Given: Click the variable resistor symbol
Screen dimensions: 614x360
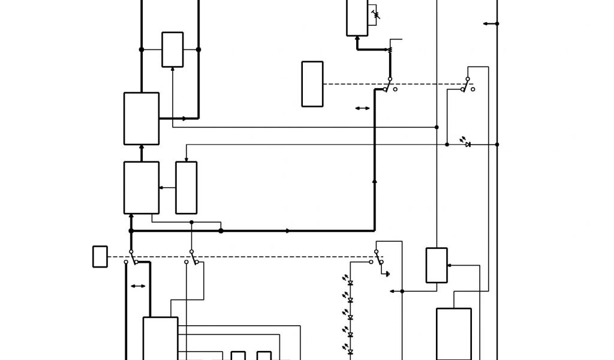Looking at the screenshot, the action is (x=376, y=13).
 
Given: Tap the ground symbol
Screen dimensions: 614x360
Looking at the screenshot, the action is (x=387, y=274).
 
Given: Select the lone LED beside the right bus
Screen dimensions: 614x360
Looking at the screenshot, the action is (x=468, y=144).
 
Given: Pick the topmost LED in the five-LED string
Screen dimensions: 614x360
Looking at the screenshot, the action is (x=350, y=283).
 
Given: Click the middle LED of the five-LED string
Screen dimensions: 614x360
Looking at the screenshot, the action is (x=350, y=317).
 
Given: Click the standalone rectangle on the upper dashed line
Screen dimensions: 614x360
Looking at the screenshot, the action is (x=312, y=84).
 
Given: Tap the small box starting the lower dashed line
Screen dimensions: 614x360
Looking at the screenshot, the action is (x=100, y=256).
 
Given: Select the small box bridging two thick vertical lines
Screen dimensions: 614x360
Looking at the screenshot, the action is (x=173, y=49).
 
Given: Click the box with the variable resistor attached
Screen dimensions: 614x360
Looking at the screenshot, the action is (x=357, y=17).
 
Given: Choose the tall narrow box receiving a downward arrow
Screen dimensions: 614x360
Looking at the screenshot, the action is (x=186, y=187).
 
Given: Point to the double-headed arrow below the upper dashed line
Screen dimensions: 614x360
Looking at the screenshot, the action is (x=362, y=109).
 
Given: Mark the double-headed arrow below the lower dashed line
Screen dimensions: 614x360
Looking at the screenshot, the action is (x=138, y=286).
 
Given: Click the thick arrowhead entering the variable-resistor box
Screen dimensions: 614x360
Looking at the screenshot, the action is (x=357, y=38).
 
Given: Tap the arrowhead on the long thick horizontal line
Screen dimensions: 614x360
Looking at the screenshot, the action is (x=288, y=230).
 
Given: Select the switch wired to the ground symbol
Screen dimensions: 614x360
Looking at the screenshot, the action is (x=378, y=257).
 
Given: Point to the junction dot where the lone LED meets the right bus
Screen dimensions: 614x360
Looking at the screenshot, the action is (x=497, y=144).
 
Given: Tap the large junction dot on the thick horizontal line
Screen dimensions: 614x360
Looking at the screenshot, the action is (x=221, y=230).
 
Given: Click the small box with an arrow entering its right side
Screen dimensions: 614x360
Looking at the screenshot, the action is (x=437, y=265).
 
